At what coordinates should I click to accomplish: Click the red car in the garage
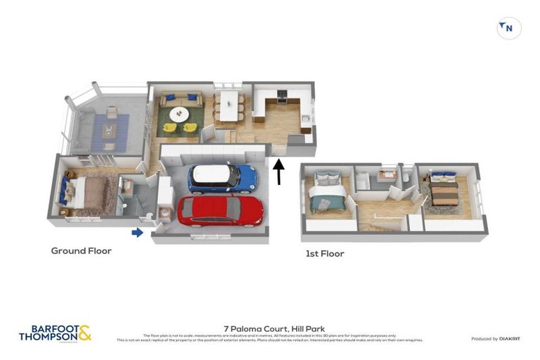tap(220, 210)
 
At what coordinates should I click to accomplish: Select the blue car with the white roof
tap(221, 179)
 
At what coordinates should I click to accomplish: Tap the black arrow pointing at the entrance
tap(279, 172)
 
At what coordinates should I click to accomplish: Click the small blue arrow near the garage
tap(137, 233)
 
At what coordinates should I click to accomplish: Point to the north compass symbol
tap(508, 28)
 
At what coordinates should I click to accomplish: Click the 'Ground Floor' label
tap(81, 251)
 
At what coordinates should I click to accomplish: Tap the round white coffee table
tap(179, 113)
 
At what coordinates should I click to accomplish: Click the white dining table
tap(229, 107)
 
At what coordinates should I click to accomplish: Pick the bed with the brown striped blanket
tap(444, 191)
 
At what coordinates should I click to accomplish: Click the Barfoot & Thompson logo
tap(55, 333)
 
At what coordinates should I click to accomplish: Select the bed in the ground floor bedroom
tap(83, 192)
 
